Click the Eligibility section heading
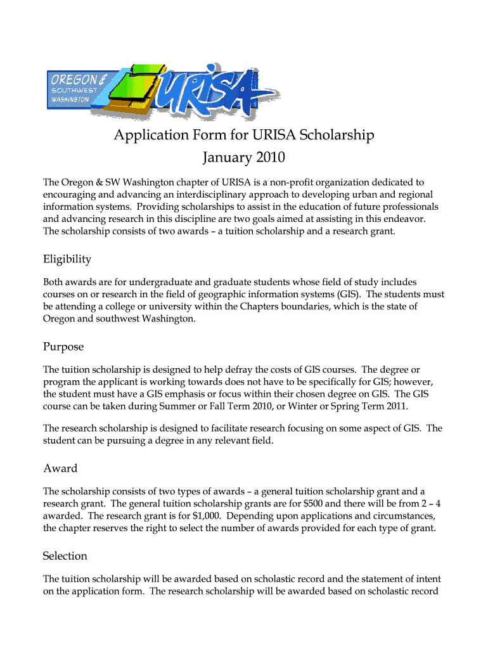click(67, 259)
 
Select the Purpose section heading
click(63, 347)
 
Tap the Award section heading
click(60, 468)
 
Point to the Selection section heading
click(65, 556)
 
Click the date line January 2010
click(244, 157)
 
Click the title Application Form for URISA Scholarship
click(244, 135)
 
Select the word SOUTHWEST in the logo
click(72, 91)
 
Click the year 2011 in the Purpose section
click(396, 406)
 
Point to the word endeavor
click(405, 219)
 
